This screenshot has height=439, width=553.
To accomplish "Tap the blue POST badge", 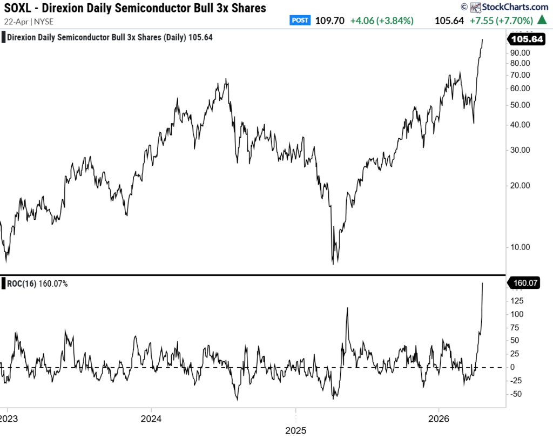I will tap(300, 21).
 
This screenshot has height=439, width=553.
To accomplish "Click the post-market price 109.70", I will tap(329, 21).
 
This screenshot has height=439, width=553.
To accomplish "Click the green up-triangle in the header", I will tap(542, 21).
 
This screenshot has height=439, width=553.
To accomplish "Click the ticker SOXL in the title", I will tap(20, 8).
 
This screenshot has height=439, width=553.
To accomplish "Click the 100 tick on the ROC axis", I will tap(517, 314).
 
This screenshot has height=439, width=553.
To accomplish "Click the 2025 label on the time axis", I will tap(295, 431).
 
